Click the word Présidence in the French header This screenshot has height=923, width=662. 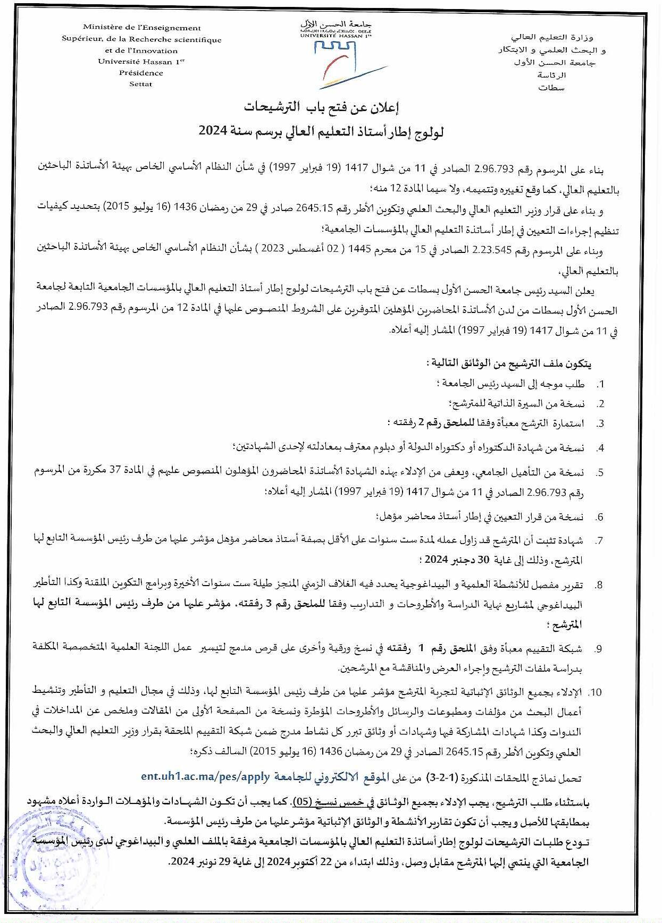pos(141,73)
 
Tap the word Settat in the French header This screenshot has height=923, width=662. pos(140,84)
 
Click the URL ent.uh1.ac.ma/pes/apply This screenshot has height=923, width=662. pos(206,776)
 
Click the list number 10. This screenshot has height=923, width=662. pos(596,692)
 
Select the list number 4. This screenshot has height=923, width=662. pos(600,448)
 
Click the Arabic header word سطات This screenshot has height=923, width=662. pos(551,88)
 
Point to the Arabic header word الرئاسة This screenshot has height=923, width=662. pos(551,75)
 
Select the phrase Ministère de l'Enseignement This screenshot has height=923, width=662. pos(142,28)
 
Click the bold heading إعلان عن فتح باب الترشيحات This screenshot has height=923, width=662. pos(322,108)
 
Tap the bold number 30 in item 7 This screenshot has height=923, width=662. pos(482,559)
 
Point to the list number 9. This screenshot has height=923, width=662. pos(598,648)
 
